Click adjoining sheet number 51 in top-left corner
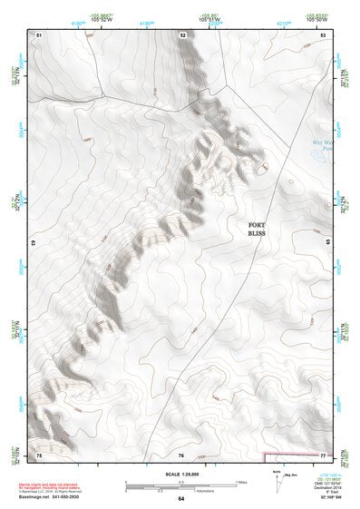[39, 34]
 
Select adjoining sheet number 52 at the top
[182, 34]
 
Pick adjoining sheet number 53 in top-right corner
[323, 34]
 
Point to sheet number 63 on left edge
[34, 243]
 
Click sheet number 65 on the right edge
[328, 243]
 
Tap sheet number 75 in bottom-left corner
[39, 453]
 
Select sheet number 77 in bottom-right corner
[323, 453]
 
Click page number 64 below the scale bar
[181, 498]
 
